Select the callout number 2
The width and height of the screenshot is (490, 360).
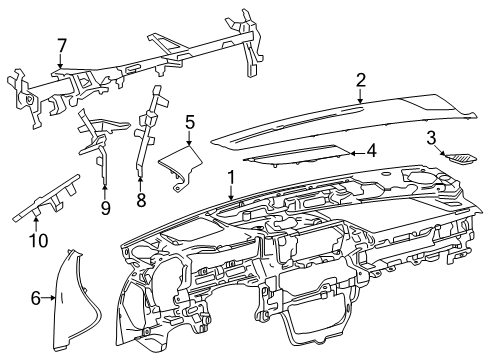[x=360, y=80]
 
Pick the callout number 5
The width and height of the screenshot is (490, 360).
[x=189, y=124]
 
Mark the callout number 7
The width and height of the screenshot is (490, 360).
[x=61, y=45]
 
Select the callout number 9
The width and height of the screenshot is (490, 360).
[x=104, y=209]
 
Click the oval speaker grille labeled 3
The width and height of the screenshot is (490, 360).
[x=463, y=157]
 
